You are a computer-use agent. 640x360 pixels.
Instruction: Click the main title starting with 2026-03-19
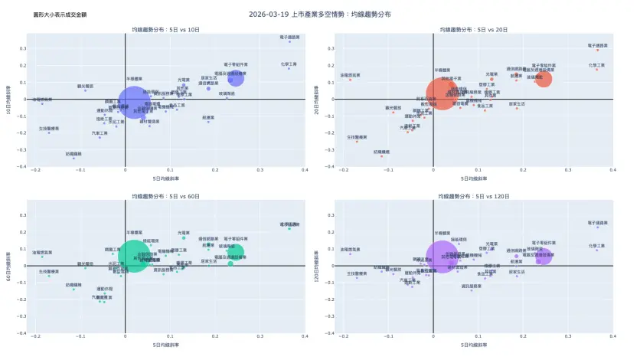point(319,14)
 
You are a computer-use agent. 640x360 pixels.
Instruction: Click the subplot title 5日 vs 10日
point(165,29)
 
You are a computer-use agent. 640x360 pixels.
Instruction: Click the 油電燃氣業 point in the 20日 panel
point(350,80)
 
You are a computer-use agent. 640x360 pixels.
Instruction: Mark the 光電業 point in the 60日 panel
point(184,237)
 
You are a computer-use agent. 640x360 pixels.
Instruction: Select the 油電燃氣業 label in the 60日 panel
point(42,251)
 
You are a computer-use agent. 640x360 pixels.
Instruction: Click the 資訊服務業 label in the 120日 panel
point(472,286)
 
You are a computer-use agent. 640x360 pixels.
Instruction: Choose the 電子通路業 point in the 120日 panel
point(597,227)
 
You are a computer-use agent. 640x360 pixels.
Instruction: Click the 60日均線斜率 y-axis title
point(8,266)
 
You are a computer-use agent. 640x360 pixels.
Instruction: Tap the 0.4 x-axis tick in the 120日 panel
point(613,336)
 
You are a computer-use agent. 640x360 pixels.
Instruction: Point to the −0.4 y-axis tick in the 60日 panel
point(22,332)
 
